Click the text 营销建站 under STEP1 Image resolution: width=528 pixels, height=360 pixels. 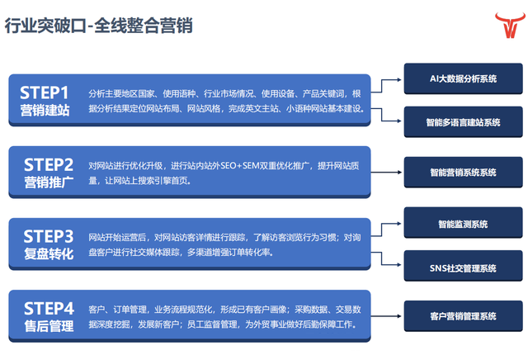[45, 110]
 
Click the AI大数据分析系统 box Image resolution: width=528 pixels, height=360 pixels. [463, 79]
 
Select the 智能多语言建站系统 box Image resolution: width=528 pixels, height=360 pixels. [463, 123]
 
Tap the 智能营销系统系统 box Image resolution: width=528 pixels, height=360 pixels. [463, 173]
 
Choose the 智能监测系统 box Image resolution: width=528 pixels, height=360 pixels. [463, 224]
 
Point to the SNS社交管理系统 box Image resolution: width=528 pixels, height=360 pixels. [463, 268]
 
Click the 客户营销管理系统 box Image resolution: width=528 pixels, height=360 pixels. [463, 316]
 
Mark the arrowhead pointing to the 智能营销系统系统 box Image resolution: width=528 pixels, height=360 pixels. [399, 173]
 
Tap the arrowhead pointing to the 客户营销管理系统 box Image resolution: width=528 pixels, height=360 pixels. [399, 316]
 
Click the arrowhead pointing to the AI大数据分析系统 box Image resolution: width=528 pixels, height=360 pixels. [399, 79]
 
